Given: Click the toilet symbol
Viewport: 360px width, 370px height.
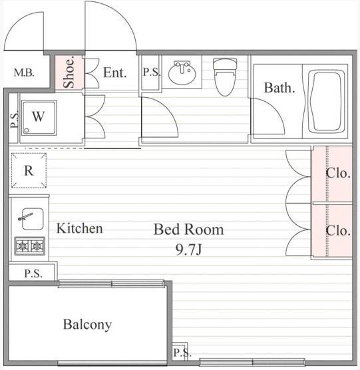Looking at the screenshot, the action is click(x=225, y=77).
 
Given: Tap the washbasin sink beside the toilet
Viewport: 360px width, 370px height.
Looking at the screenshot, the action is click(x=182, y=73).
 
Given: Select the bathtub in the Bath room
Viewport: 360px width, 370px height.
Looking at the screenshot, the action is click(x=326, y=102).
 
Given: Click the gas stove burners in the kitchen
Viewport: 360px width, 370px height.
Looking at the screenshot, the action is click(x=30, y=246).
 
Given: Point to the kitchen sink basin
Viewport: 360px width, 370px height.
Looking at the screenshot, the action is click(x=33, y=219).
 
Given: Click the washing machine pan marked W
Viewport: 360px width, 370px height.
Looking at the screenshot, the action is click(x=39, y=118).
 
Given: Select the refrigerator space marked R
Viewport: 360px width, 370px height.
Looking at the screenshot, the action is click(x=29, y=170).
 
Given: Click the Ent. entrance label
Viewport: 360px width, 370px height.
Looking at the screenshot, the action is click(x=115, y=73).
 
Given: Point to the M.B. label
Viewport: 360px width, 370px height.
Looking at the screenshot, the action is click(x=24, y=73).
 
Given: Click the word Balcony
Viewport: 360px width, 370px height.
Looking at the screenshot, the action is click(x=87, y=325).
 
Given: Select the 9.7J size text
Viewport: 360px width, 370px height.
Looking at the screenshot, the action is click(x=189, y=250).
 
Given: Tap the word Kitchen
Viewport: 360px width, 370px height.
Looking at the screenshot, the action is click(x=79, y=228).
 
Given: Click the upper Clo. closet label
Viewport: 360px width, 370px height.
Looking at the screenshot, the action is click(x=338, y=174).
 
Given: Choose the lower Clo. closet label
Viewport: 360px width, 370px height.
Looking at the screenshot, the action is click(x=338, y=230).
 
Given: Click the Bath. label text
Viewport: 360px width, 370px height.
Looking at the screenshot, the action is click(x=279, y=88).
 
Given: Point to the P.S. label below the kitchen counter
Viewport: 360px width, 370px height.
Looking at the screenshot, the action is click(x=33, y=274).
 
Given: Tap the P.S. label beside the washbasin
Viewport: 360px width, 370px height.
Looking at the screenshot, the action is click(x=152, y=72).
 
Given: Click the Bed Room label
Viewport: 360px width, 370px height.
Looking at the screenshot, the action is click(x=189, y=230).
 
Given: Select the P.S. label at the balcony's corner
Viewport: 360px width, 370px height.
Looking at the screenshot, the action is click(x=182, y=353).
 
